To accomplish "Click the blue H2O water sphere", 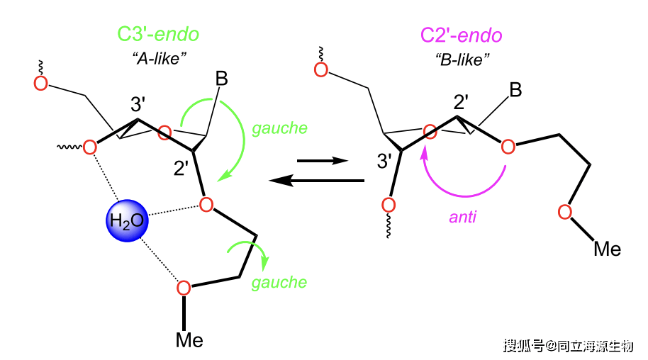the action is click(x=127, y=220).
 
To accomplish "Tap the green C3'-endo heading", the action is click(x=158, y=34).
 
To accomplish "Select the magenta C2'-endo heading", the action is click(x=462, y=35).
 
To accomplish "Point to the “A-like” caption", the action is click(x=160, y=58).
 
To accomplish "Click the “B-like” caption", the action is click(x=462, y=60).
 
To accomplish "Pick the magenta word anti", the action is click(x=462, y=217).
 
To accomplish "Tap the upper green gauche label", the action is click(x=280, y=128).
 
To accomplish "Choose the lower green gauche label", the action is click(x=279, y=282).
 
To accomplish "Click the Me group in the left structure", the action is click(x=189, y=340).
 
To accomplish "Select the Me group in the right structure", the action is click(x=607, y=249).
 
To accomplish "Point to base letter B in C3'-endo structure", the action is click(x=222, y=79).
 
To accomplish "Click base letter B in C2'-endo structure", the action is click(x=515, y=90).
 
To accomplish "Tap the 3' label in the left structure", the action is click(x=138, y=104).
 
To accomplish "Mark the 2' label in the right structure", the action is click(x=462, y=101).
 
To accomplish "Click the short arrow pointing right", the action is click(x=323, y=160).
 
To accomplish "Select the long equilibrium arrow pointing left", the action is click(x=317, y=181).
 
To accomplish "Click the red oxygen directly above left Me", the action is click(x=184, y=288).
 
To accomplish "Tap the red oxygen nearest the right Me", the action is click(x=565, y=212).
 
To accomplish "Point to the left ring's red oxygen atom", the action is click(x=164, y=133).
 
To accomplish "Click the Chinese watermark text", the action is click(x=568, y=346).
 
